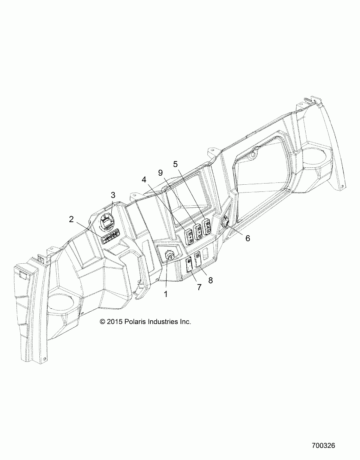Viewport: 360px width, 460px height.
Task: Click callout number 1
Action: tap(165, 294)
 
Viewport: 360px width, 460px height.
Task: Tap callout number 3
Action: tap(113, 195)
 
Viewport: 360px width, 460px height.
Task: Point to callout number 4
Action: tap(144, 179)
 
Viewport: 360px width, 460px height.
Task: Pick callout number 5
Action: tap(175, 164)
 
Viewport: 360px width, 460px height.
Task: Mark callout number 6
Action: tap(247, 238)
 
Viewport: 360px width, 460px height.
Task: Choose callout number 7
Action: tap(199, 287)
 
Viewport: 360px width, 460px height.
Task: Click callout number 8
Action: tap(210, 280)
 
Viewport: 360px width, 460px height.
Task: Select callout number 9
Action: tap(160, 172)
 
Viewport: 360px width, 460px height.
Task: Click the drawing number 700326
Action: tap(323, 446)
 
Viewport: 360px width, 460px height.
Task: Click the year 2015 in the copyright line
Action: tap(115, 321)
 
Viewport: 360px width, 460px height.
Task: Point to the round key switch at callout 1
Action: tap(170, 256)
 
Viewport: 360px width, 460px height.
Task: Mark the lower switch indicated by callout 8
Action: tap(198, 258)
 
